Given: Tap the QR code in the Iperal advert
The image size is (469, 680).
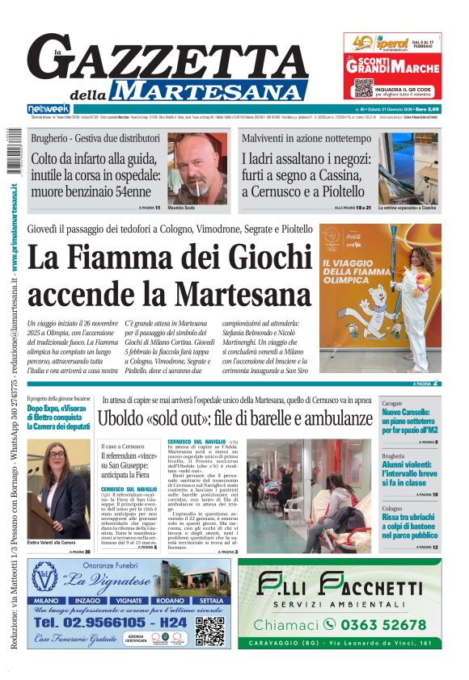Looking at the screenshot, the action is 362,87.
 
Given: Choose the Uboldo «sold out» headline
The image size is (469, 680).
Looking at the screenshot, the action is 234,418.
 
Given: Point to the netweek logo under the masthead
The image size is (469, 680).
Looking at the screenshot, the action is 49,109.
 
